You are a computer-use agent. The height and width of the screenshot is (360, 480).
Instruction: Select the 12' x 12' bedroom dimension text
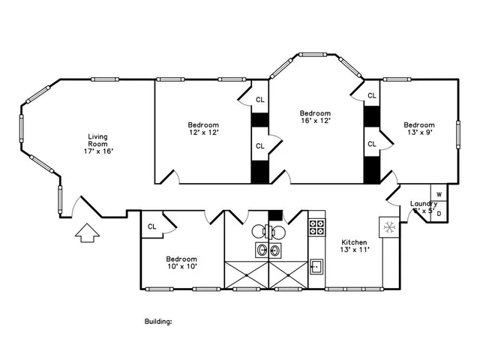coord(203,133)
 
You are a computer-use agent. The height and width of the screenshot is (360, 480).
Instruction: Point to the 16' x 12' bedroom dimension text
coord(315,120)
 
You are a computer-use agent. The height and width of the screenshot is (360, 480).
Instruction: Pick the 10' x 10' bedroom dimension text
coord(181,267)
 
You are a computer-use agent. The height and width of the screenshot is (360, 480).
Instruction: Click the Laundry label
coord(424,204)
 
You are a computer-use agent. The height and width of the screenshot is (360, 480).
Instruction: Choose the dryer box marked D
coord(439,214)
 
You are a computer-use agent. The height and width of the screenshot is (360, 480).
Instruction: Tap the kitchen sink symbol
coord(316,265)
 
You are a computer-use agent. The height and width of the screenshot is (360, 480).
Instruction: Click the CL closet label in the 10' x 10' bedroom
coord(151,226)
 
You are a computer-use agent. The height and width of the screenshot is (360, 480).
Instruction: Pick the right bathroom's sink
coord(275,250)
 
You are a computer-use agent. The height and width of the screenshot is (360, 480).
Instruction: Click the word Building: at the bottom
coord(158,321)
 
